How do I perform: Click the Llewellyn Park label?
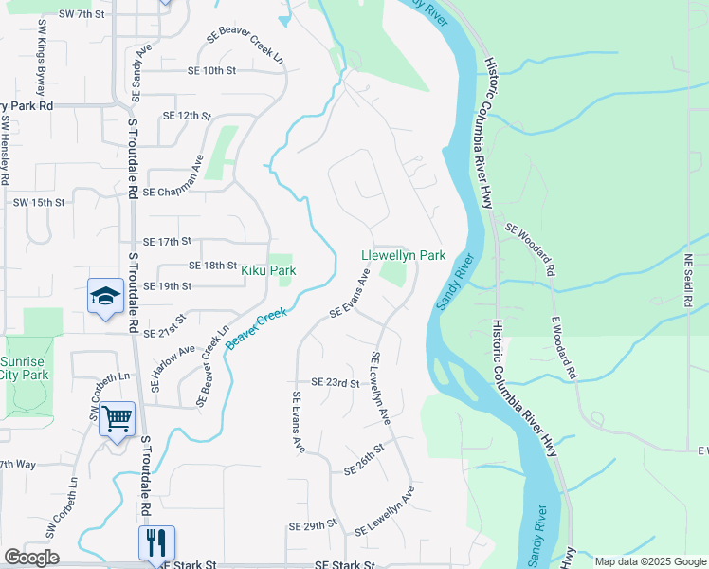[x=403, y=255]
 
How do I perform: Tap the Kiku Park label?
[x=268, y=270]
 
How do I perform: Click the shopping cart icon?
[x=118, y=418]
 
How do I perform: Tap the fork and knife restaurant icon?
[x=156, y=541]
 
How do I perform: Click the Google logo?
[x=31, y=558]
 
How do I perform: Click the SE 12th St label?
[x=186, y=115]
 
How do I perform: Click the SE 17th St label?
[x=168, y=242]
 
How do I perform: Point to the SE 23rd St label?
[x=336, y=384]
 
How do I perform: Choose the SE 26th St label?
[x=363, y=459]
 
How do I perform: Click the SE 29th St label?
[x=314, y=524]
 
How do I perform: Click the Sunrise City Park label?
[x=21, y=368]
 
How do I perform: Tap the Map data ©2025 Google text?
[x=649, y=561]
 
